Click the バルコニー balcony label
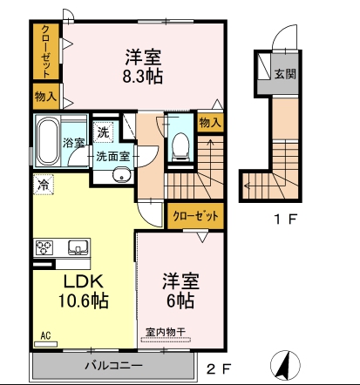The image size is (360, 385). tap(113, 364)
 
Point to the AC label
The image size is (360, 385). tap(44, 334)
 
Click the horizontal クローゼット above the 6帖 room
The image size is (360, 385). tap(194, 214)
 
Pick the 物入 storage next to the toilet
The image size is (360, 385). tap(208, 122)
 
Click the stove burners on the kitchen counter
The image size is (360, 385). tap(43, 247)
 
